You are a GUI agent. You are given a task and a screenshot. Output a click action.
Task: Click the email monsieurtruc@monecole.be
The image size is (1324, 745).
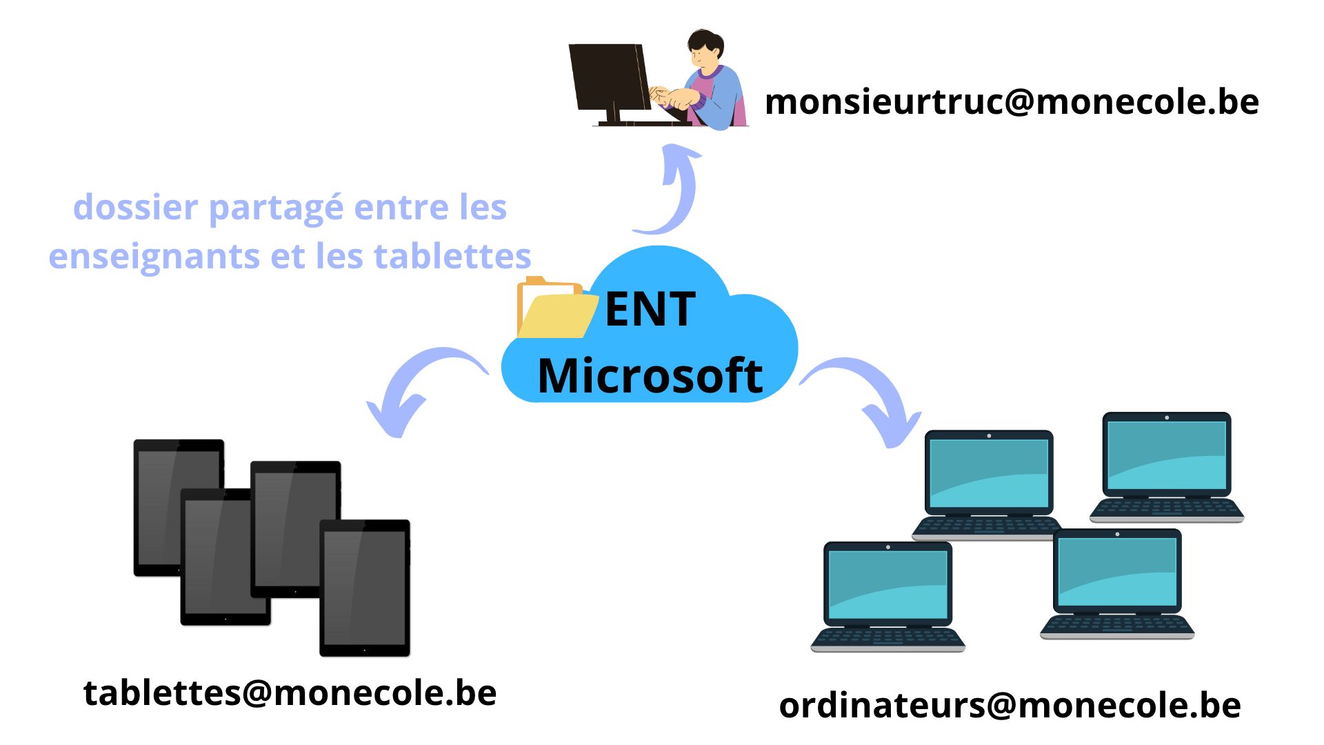1012,101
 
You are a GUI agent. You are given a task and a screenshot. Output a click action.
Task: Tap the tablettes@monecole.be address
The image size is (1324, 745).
290,692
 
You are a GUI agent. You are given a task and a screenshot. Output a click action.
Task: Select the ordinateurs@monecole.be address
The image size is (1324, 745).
1010,705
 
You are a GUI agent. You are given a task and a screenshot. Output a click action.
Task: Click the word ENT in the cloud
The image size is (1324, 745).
650,309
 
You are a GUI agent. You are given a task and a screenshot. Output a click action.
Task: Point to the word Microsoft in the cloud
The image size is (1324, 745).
650,376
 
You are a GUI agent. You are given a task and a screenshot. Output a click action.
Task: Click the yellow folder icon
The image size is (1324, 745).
556,308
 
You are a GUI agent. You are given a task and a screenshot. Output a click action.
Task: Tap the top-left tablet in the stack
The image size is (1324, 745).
178,506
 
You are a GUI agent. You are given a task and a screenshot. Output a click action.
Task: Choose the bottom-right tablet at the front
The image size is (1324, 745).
365,588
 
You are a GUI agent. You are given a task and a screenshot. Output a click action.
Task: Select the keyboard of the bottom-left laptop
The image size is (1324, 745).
888,638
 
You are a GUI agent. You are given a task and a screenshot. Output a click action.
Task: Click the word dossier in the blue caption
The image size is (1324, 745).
135,207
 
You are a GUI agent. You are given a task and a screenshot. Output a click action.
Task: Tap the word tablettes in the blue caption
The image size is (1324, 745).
452,256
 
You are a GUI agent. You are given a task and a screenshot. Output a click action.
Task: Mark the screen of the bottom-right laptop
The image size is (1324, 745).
1117,571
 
